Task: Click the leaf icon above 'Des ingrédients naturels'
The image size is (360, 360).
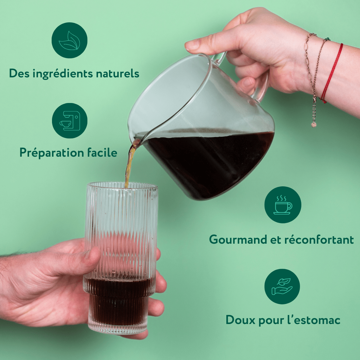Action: click(x=69, y=40)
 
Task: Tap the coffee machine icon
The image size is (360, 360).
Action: click(x=69, y=121)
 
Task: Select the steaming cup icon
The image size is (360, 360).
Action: click(x=283, y=205)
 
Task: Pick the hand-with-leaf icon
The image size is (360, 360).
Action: click(x=282, y=287)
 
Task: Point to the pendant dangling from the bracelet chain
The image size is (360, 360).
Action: click(x=314, y=124)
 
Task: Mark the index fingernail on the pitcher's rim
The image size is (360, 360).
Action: click(x=193, y=45)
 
